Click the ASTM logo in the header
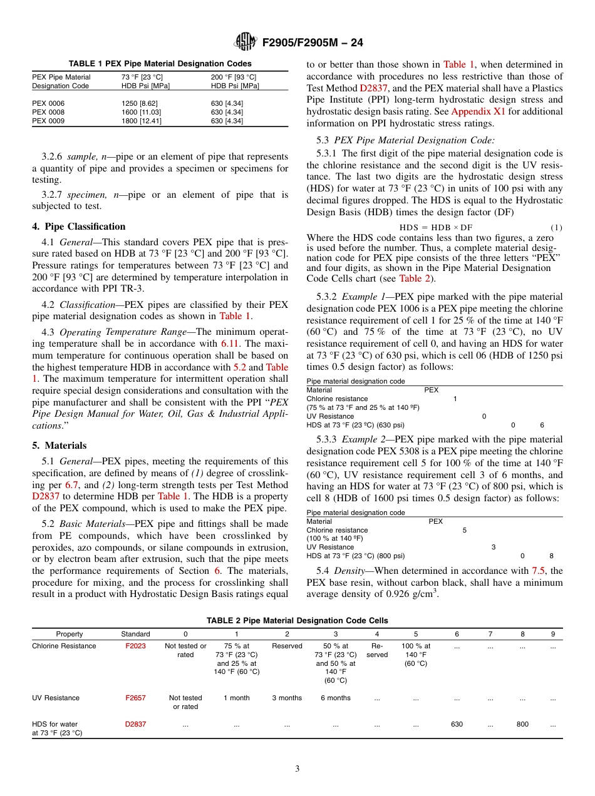(246, 43)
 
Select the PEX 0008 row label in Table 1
(48, 112)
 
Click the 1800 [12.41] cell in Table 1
(141, 121)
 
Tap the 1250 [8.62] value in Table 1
(139, 103)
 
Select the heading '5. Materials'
(59, 446)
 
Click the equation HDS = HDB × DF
(436, 227)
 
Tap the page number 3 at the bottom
(297, 768)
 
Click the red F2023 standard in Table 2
(135, 646)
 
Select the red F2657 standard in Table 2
(135, 698)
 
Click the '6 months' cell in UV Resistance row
(335, 698)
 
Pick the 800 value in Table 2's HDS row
(522, 724)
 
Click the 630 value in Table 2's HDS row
(457, 724)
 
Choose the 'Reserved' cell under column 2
(287, 646)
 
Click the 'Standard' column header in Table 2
(135, 634)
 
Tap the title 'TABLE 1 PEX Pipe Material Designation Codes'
(160, 63)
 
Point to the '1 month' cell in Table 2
(236, 698)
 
